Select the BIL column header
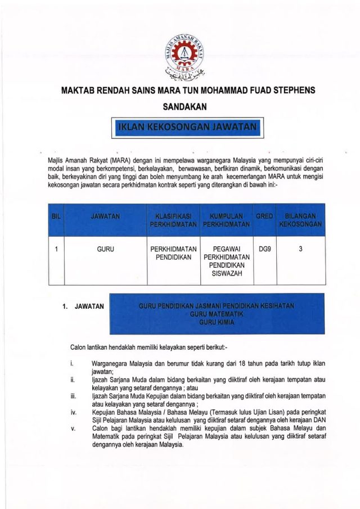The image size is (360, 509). tap(55, 216)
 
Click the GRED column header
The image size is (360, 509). tap(264, 216)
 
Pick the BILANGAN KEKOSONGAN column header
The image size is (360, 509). tap(301, 220)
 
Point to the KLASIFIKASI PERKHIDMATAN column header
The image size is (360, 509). tap(173, 220)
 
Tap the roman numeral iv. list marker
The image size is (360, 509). tap(73, 412)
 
